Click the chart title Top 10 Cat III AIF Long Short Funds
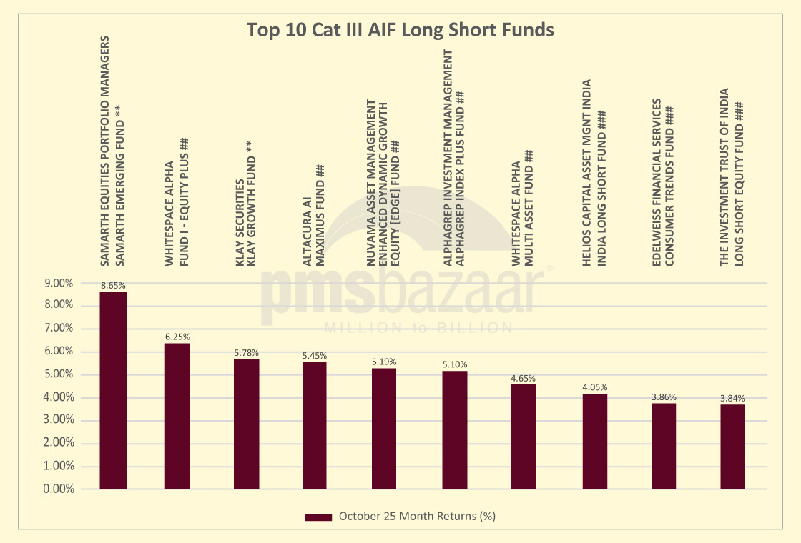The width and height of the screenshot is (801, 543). pos(400,31)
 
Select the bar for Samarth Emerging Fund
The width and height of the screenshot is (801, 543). pos(113,390)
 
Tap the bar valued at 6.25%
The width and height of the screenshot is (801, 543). pos(177,416)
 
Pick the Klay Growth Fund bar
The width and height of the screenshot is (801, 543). pos(247,424)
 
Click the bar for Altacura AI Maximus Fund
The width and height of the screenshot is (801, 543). pos(315,426)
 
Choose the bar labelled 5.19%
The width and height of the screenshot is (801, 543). pos(384,429)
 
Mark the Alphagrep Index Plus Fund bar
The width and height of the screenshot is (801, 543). pos(454,430)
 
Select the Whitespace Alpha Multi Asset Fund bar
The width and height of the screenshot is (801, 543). pos(523,437)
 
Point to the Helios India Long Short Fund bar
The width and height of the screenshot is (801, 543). pos(594,442)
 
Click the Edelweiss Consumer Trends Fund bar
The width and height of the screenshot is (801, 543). pos(664,446)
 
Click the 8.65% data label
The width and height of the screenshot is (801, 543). pos(113,285)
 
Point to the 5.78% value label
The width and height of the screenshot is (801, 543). pos(247,352)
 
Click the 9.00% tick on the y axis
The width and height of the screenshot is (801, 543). pos(59,283)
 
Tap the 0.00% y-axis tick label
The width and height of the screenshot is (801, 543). pos(59,489)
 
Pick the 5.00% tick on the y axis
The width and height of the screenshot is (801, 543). pos(59,374)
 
